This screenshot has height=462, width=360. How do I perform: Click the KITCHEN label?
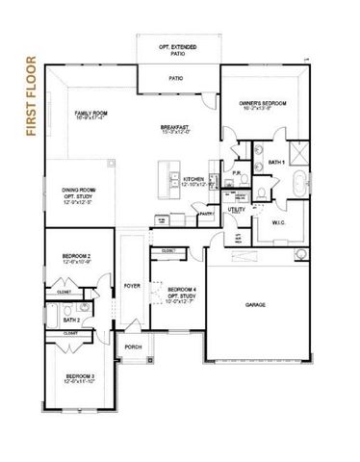click(193, 179)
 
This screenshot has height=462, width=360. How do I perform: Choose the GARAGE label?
click(255, 304)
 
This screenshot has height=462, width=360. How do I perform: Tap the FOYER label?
click(131, 285)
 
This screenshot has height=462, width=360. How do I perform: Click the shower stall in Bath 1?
click(297, 150)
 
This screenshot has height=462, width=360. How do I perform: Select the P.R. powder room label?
click(237, 174)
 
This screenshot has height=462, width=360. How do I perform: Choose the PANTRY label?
click(206, 214)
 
